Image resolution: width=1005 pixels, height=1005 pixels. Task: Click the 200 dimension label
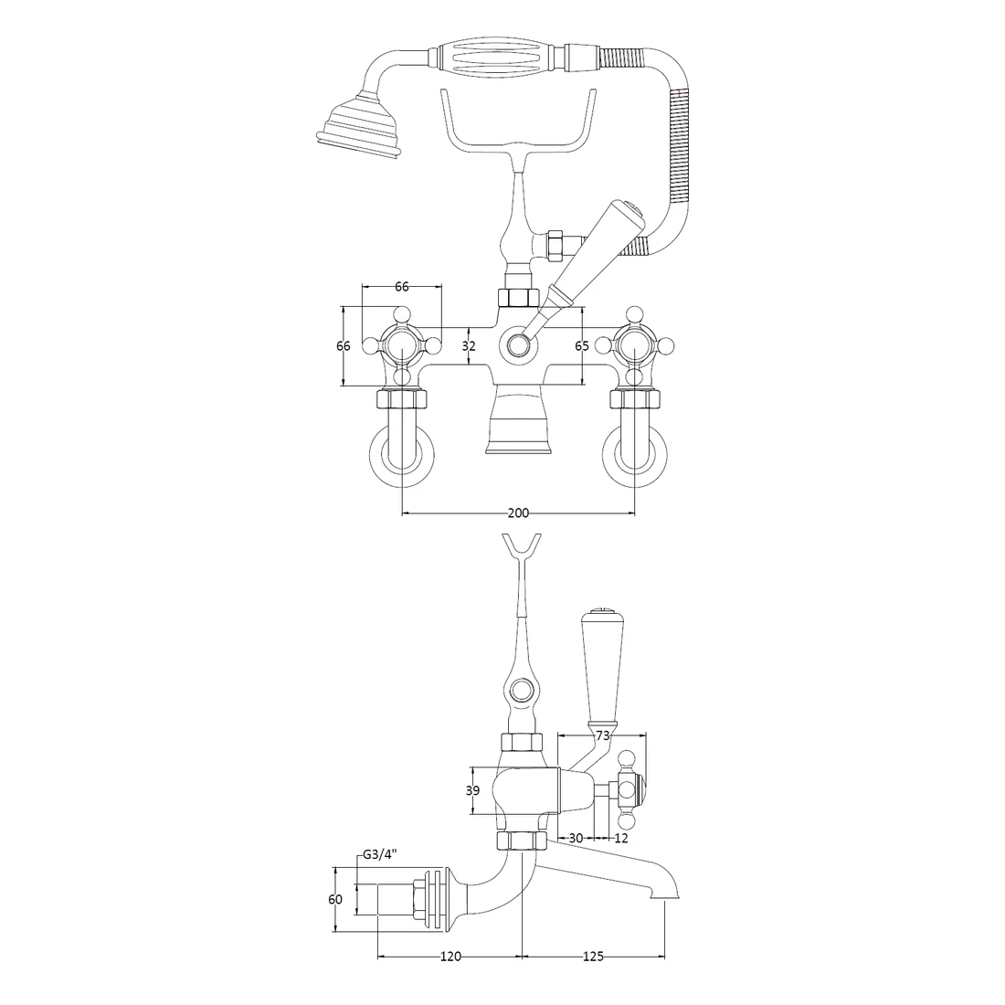pyautogui.click(x=517, y=513)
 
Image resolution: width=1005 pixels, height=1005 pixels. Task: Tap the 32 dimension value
pyautogui.click(x=469, y=346)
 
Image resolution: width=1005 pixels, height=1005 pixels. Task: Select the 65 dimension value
pyautogui.click(x=581, y=346)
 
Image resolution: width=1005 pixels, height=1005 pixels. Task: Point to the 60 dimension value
pyautogui.click(x=335, y=900)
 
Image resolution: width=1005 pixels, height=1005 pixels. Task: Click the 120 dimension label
pyautogui.click(x=450, y=957)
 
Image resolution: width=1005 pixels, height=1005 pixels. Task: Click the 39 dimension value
pyautogui.click(x=472, y=791)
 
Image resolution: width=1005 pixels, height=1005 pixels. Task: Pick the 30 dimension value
pyautogui.click(x=576, y=838)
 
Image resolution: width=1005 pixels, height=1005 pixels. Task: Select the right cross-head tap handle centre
pyautogui.click(x=634, y=346)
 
